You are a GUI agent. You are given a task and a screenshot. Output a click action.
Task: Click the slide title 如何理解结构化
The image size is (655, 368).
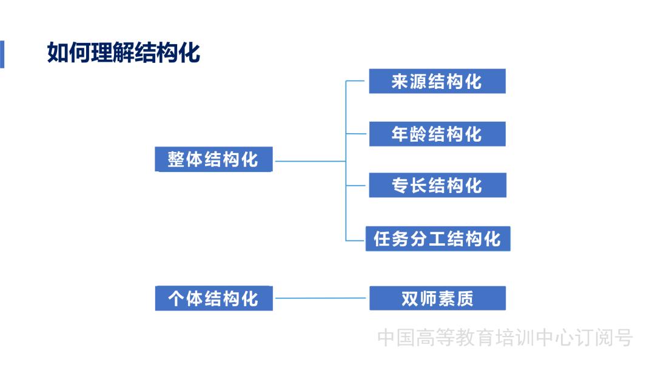(x=124, y=53)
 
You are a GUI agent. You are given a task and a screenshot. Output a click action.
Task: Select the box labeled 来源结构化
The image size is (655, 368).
(x=437, y=82)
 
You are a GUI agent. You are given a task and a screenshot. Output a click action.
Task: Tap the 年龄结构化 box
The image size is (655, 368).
(x=437, y=134)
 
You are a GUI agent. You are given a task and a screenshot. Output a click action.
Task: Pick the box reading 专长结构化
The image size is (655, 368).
(x=437, y=185)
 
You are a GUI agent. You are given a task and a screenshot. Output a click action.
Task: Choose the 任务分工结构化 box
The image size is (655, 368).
(x=437, y=238)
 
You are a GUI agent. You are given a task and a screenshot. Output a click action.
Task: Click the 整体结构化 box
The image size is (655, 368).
(x=213, y=160)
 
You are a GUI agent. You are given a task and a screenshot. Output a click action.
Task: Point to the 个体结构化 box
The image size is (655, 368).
(x=213, y=298)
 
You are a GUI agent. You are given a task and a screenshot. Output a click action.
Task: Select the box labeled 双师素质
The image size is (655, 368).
(x=437, y=298)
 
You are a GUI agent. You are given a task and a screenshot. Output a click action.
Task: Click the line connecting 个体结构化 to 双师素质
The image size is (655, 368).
(x=321, y=298)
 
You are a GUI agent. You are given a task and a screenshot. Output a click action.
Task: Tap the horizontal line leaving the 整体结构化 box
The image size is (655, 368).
(x=309, y=162)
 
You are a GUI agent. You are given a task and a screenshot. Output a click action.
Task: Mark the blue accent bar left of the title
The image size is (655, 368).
(x=2, y=54)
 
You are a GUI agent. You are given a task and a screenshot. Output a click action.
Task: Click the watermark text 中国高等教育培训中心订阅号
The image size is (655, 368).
(x=505, y=338)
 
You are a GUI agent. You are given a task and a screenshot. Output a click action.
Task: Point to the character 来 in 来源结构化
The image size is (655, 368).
(x=400, y=82)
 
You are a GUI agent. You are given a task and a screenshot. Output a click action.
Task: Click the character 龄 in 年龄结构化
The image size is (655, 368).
(x=418, y=134)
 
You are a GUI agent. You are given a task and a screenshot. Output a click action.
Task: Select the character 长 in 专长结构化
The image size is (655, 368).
(x=418, y=185)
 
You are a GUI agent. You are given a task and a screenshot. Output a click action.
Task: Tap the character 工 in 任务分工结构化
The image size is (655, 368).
(x=437, y=238)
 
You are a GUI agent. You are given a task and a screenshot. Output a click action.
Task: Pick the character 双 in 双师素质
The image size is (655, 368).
(x=410, y=298)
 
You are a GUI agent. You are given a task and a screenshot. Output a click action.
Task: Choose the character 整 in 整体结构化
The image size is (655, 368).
(x=176, y=160)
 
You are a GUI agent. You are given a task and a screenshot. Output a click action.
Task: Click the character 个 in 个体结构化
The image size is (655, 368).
(x=176, y=298)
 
